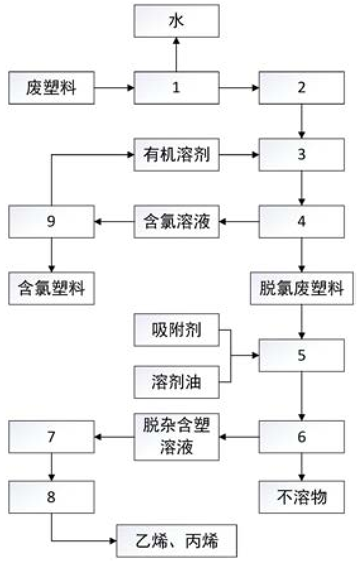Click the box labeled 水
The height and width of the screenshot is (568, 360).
(x=176, y=21)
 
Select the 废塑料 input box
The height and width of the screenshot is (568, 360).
(x=52, y=88)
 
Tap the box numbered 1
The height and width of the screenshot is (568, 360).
(x=176, y=88)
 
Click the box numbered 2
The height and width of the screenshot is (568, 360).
(x=301, y=88)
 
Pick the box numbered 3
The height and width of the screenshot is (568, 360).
(x=301, y=155)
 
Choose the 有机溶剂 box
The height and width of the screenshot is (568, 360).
(x=176, y=155)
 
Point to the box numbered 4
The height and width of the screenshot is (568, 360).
(x=301, y=222)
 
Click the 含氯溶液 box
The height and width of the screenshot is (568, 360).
(x=176, y=222)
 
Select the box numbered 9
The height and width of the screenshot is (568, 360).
(x=52, y=222)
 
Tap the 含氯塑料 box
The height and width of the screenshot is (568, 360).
(x=52, y=288)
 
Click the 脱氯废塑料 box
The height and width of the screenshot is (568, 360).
(x=302, y=288)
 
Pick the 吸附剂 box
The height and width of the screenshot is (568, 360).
(x=176, y=330)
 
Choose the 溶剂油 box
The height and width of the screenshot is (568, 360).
(x=176, y=382)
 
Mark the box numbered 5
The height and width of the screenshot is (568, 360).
(x=301, y=355)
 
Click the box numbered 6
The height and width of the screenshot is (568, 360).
(x=301, y=437)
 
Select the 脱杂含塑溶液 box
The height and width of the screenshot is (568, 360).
(x=176, y=437)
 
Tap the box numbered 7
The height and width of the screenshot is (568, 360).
(x=52, y=437)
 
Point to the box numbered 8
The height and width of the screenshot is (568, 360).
(x=52, y=497)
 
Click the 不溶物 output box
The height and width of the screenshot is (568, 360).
(x=301, y=497)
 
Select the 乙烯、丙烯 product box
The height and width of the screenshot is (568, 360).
(x=176, y=541)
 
